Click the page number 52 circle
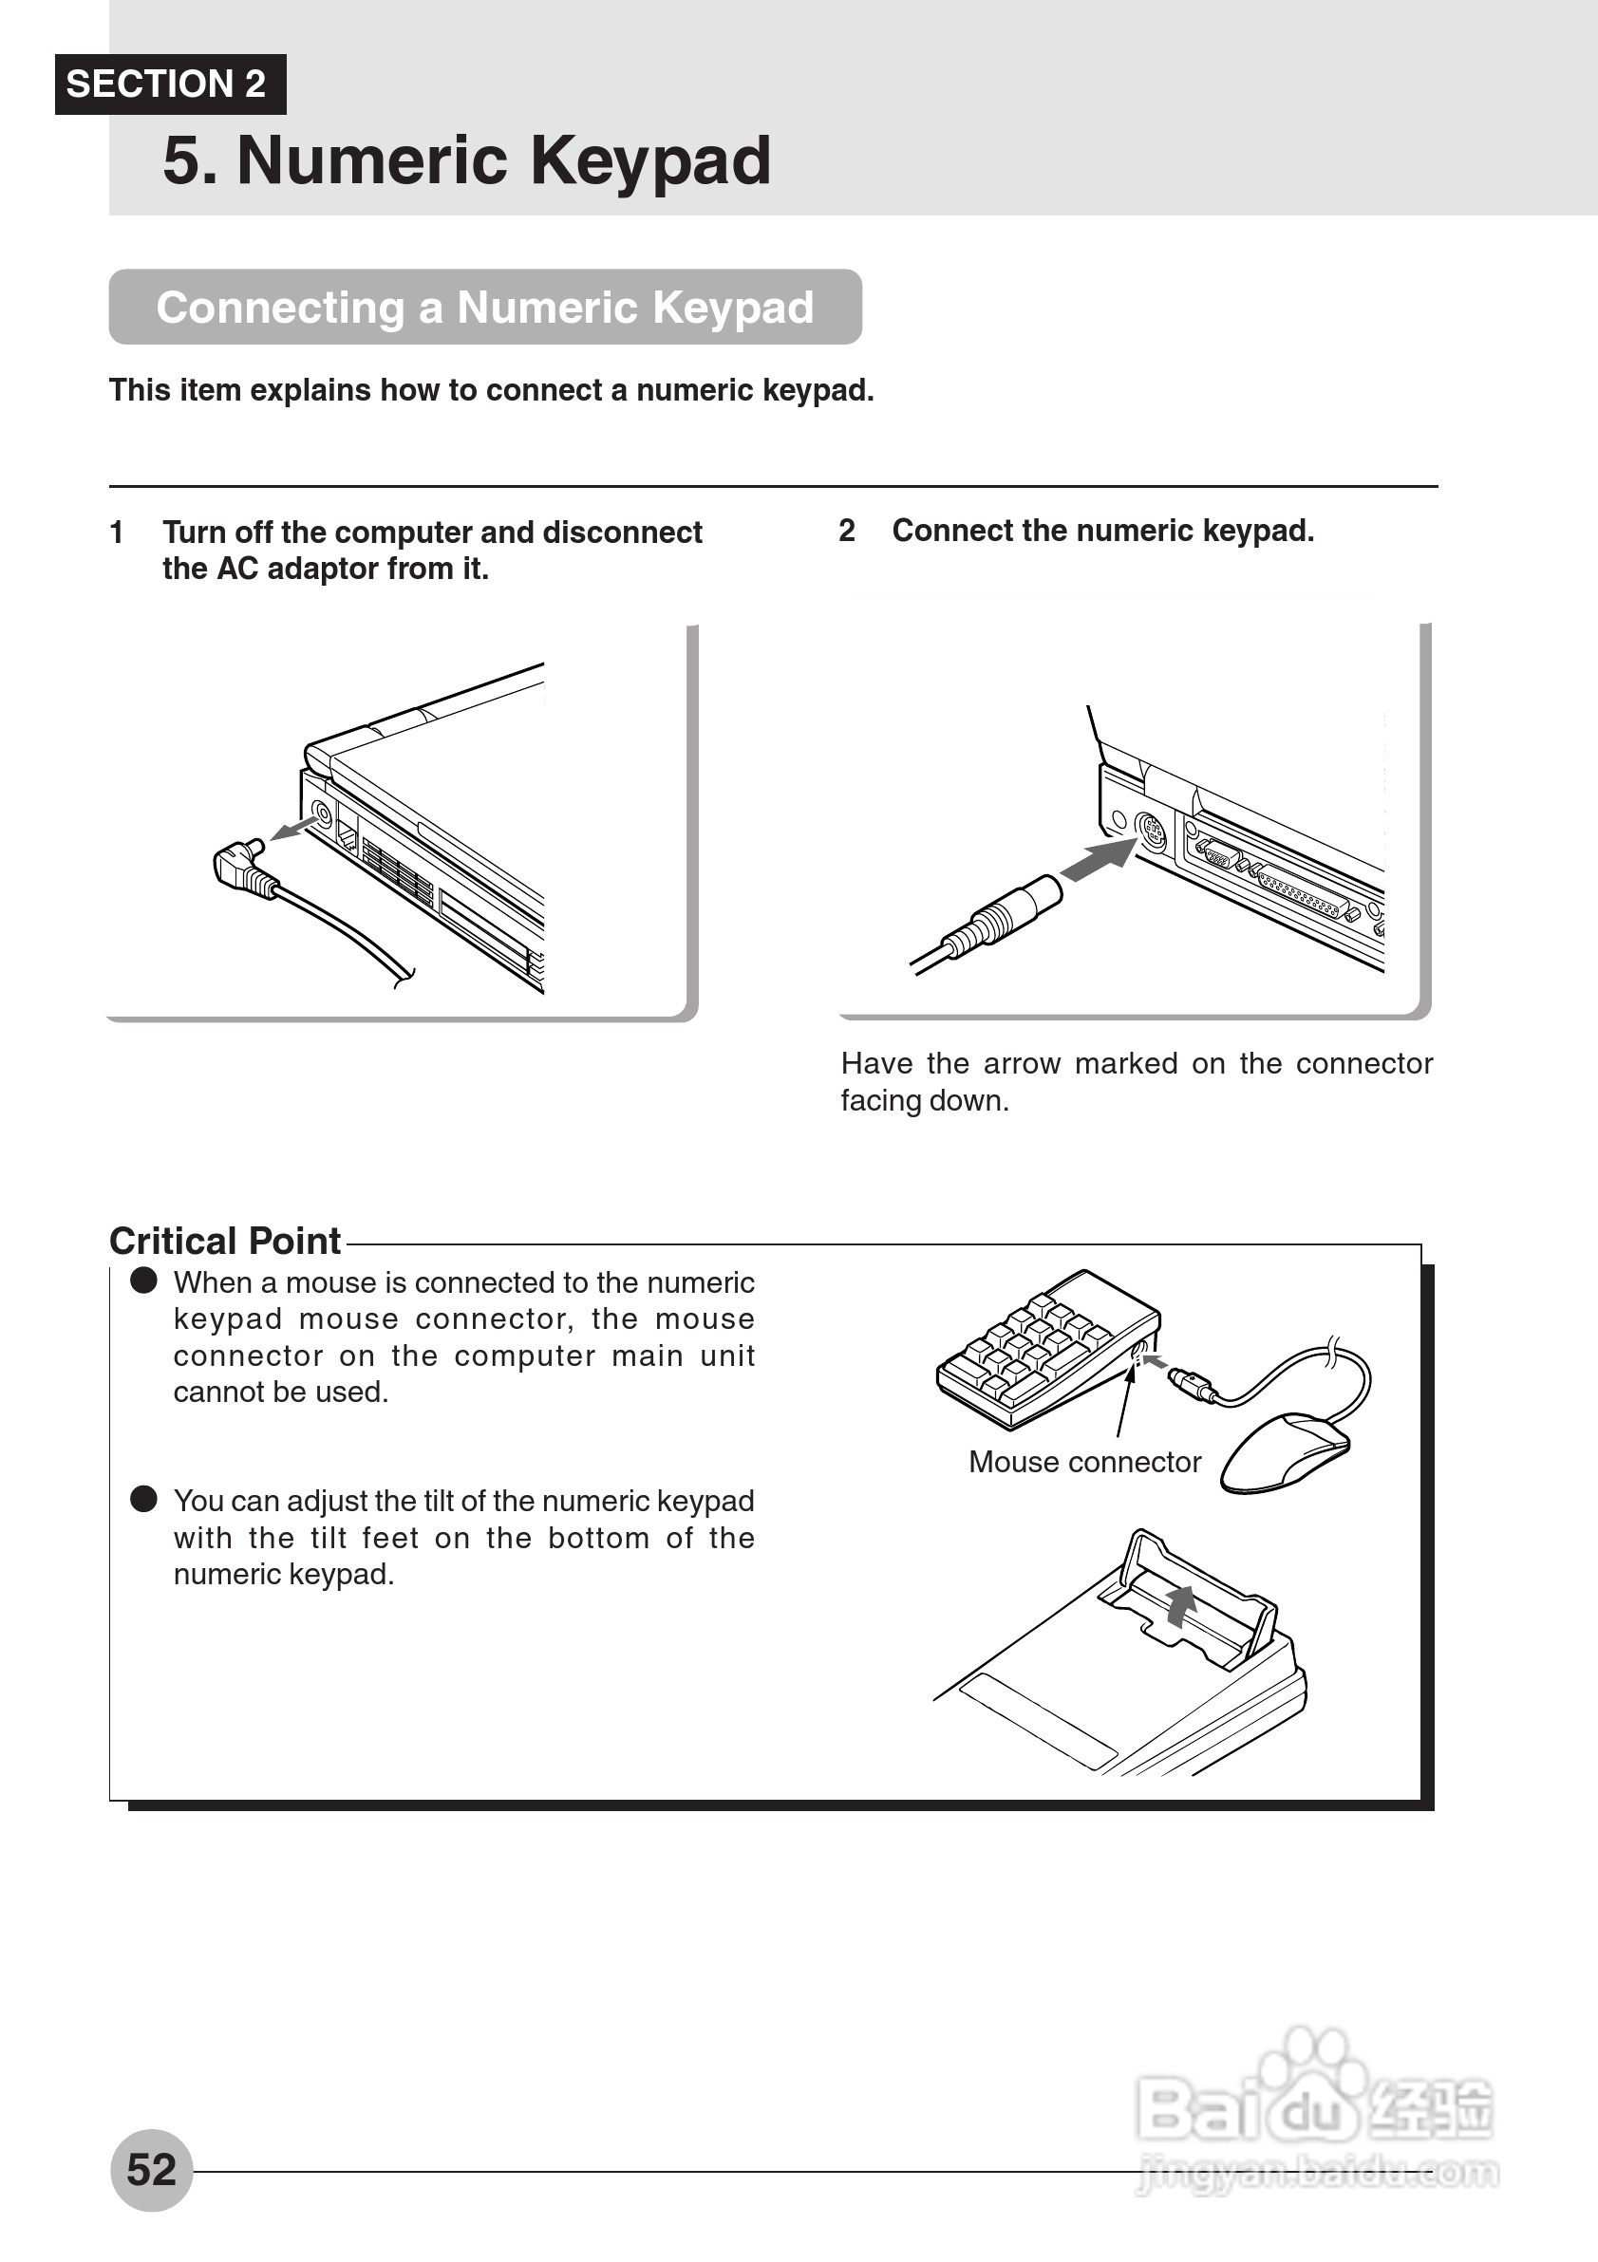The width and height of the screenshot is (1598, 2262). tap(151, 2169)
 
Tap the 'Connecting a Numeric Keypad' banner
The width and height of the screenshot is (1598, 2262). tap(485, 308)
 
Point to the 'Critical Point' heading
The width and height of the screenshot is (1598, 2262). tap(225, 1242)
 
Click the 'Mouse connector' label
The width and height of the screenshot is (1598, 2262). tap(1084, 1462)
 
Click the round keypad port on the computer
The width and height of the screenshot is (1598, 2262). tap(1150, 832)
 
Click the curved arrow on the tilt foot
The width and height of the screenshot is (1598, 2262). tap(1179, 1605)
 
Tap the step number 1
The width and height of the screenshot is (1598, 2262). tap(116, 533)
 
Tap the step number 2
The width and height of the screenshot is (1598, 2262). tap(846, 531)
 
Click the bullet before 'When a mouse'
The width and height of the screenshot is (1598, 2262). tap(143, 1281)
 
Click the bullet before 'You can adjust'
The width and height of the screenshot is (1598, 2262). tap(143, 1500)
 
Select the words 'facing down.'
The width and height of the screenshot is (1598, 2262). tap(924, 1100)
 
